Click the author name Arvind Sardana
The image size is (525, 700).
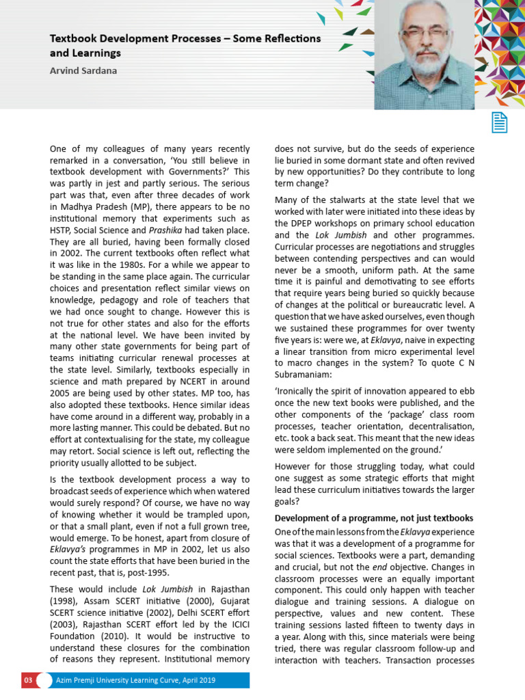pos(83,70)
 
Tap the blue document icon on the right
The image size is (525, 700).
pos(500,122)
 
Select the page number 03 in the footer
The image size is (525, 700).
pos(28,680)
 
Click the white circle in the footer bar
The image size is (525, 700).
pos(44,680)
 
